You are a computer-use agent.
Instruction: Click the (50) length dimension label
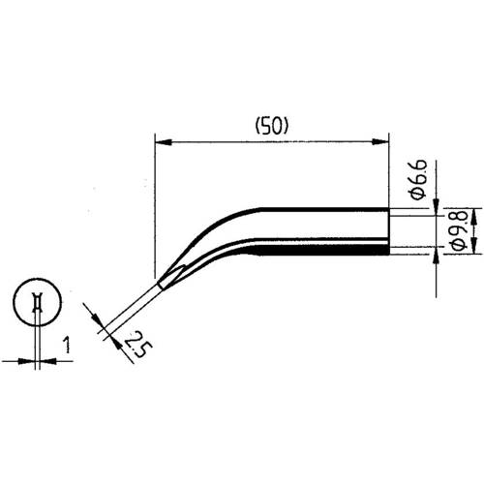(271, 126)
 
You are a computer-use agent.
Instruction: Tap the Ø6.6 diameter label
(418, 179)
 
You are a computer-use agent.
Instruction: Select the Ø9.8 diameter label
(459, 230)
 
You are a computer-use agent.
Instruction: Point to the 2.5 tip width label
(137, 344)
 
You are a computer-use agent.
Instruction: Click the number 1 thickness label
(67, 345)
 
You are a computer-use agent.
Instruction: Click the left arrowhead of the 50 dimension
(163, 142)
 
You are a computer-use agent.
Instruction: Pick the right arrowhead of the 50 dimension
(380, 142)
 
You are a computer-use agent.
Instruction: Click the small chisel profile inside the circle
(38, 302)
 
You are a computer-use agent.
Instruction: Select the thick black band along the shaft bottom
(322, 251)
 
